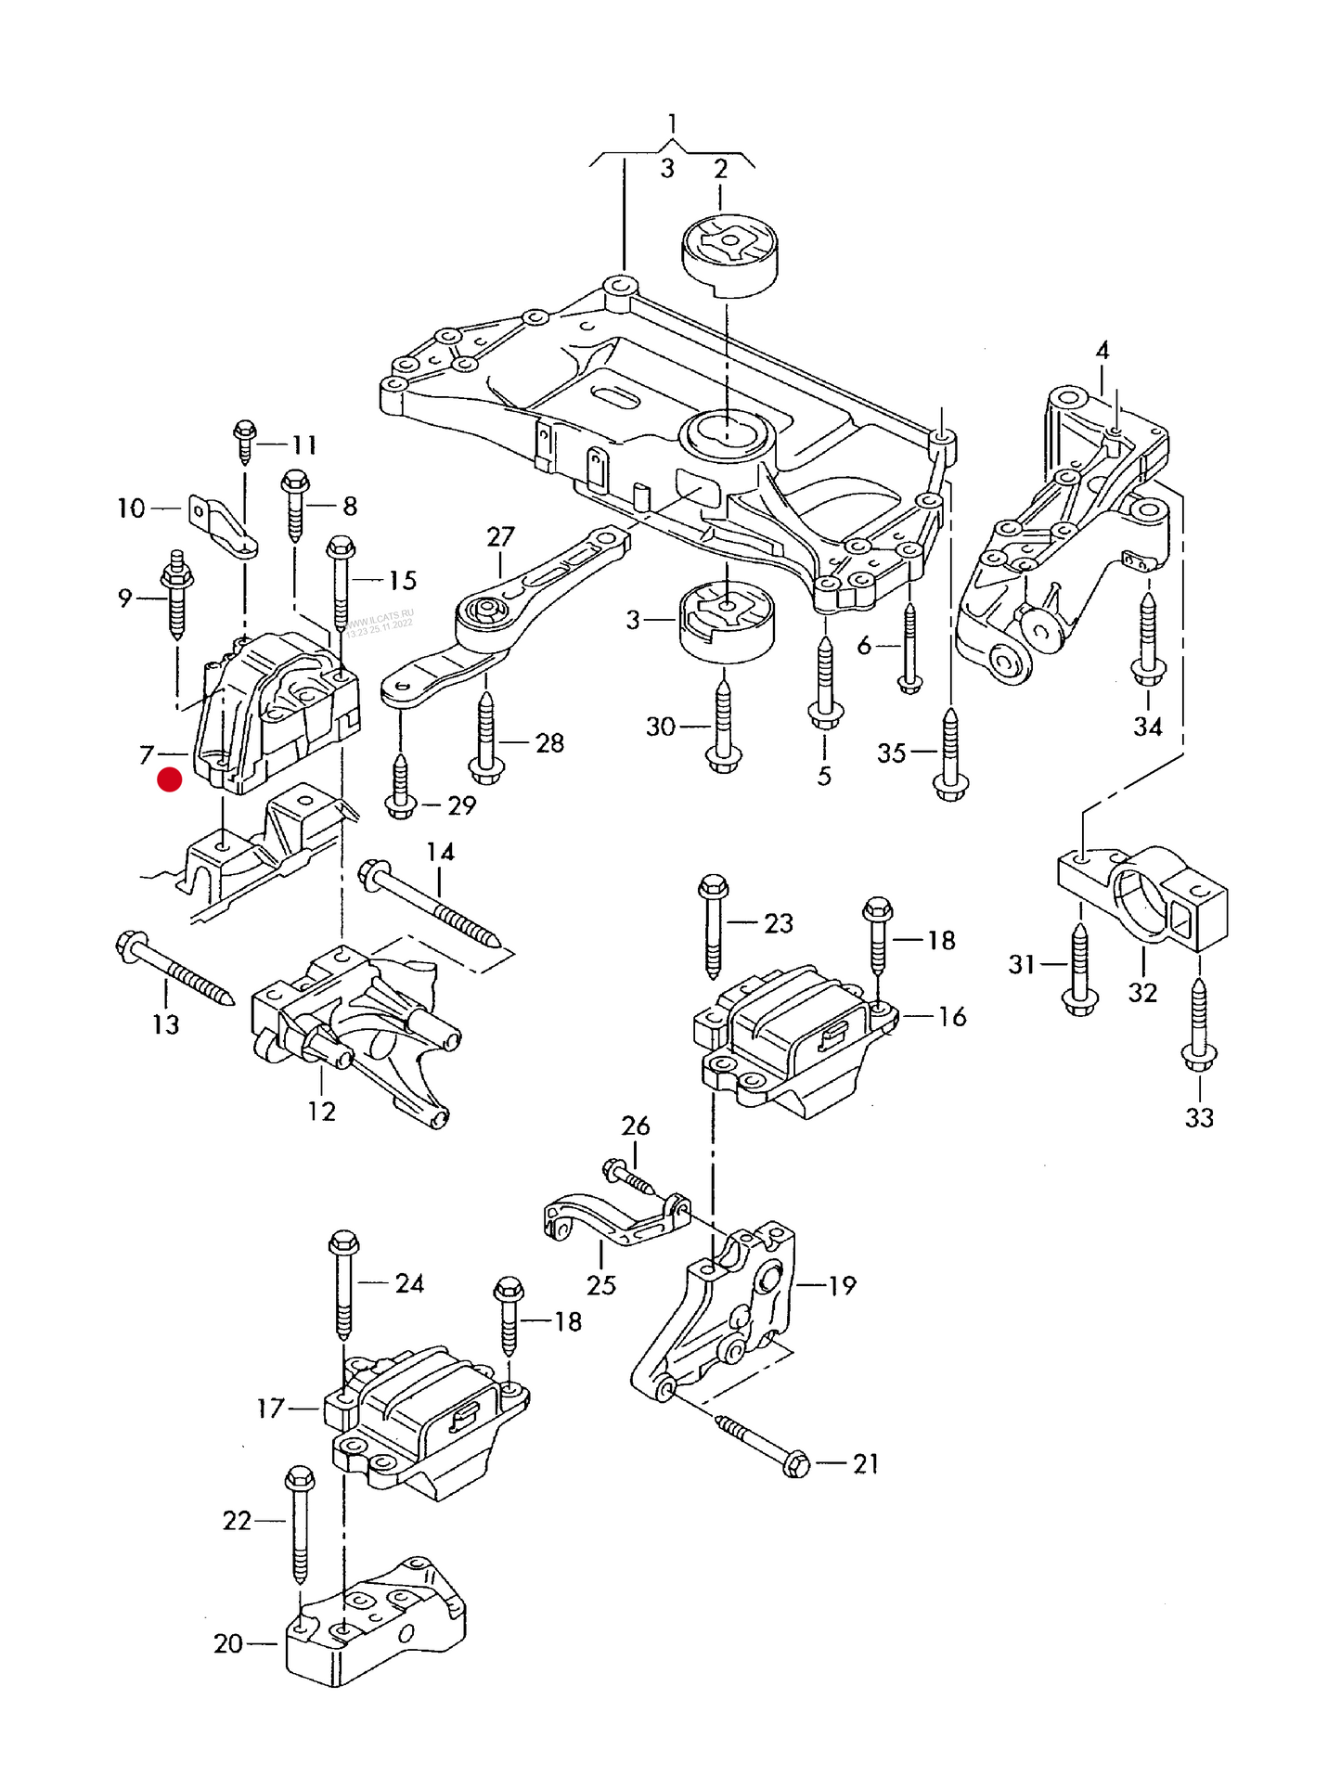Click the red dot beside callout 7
point(170,779)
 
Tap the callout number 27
point(500,536)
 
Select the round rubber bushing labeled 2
point(729,255)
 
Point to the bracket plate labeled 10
point(223,526)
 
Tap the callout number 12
point(321,1111)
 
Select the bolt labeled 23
point(713,923)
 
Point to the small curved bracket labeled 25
point(612,1219)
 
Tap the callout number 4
point(1102,351)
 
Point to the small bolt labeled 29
point(400,788)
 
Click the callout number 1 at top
point(672,123)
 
